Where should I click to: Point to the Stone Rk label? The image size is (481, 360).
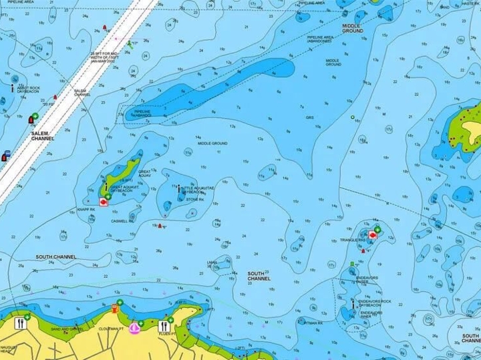[x=194, y=199]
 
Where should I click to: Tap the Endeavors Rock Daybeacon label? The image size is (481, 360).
[x=371, y=315]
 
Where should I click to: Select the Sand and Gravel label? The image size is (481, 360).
[x=67, y=329]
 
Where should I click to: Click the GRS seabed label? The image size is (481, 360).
[x=310, y=118]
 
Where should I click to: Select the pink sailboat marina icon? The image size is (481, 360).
[x=136, y=327]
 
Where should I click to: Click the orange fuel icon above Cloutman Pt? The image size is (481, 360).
[x=117, y=309]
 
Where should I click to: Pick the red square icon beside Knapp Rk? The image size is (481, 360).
[x=103, y=201]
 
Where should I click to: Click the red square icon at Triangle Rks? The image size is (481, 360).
[x=372, y=236]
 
